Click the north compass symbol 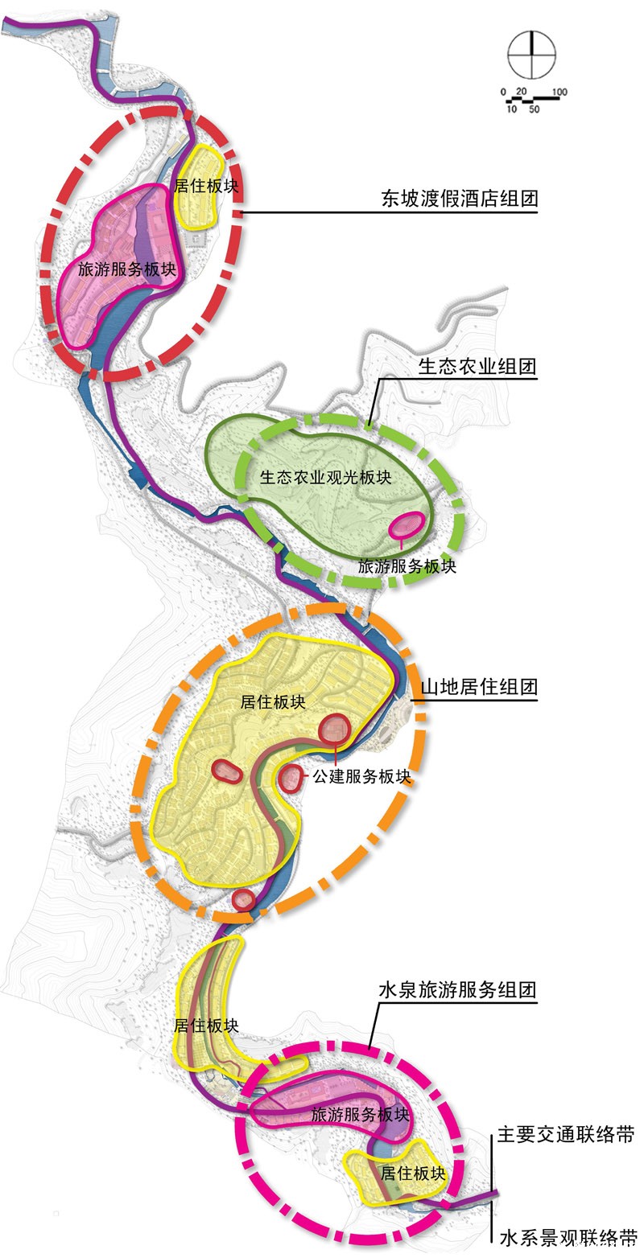coord(531,55)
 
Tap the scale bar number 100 coord(559,92)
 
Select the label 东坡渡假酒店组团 coord(459,199)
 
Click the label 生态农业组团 coord(477,367)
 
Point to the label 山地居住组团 coord(479,686)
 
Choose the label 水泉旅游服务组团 coord(457,989)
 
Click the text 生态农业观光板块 coord(325,477)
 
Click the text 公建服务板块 coord(362,777)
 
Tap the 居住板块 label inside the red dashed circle coord(206,186)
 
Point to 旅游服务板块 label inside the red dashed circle coord(127,269)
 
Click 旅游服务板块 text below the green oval coord(407,566)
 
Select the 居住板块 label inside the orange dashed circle coord(273,702)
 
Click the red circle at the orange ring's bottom coord(244,900)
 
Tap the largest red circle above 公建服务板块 coord(335,730)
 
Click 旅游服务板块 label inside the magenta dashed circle coord(360,1115)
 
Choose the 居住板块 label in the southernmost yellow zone coord(413,1174)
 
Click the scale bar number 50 coord(534,109)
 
